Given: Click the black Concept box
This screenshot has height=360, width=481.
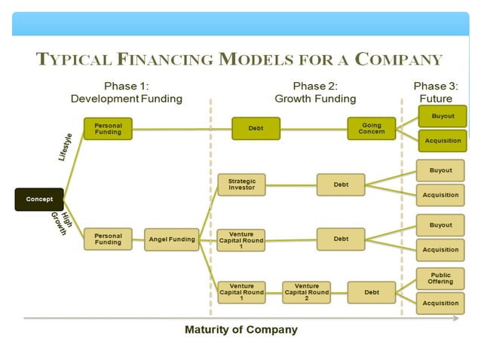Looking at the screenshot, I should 39,200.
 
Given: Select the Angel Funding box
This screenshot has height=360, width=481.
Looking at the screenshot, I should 172,239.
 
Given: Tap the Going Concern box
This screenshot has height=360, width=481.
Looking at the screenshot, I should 372,128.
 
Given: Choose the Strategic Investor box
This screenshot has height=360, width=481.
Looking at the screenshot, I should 241,184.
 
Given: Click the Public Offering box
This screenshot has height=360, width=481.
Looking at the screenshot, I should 441,278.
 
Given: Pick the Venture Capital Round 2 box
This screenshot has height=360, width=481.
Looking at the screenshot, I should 306,291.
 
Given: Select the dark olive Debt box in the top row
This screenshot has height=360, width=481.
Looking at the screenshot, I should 256,128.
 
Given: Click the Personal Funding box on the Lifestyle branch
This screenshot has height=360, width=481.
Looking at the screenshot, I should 108,128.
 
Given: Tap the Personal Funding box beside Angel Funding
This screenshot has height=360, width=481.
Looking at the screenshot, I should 108,239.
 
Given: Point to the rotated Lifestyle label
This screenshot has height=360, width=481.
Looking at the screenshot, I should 66,147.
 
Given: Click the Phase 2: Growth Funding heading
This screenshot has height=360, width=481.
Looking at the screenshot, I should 314,92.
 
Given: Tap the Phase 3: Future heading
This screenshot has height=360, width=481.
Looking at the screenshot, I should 435,92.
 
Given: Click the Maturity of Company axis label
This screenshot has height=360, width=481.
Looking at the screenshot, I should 240,330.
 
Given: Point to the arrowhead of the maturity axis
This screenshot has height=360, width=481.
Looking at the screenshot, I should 457,319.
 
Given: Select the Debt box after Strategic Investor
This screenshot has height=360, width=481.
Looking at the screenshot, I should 341,184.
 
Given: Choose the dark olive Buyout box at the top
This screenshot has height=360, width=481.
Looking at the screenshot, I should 443,116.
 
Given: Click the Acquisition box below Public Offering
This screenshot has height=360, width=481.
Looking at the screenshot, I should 441,303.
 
